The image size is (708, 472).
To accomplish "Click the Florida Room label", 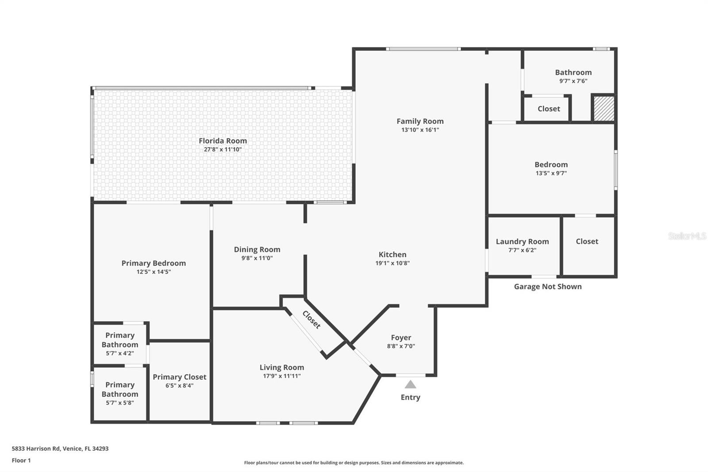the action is (223, 141).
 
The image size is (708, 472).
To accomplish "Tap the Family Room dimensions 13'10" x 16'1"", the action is (420, 130).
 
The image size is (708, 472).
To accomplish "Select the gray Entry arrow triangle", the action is (410, 384).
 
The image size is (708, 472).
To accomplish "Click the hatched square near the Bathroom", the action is (604, 108).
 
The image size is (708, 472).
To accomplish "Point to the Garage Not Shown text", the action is (548, 286).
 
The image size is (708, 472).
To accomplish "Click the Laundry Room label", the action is (522, 242).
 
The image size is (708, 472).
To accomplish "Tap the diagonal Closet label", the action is (312, 320).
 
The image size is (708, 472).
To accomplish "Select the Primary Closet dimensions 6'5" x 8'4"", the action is (180, 386).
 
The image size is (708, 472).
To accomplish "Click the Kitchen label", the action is (392, 254).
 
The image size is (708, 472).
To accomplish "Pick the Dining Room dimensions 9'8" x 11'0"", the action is (257, 258).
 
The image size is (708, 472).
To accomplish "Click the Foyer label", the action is (401, 338).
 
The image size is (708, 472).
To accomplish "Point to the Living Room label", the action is (282, 368).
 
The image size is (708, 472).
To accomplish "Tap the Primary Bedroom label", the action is (154, 263).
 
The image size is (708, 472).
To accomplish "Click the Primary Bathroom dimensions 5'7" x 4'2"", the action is (120, 353).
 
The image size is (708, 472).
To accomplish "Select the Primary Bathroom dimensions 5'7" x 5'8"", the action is (120, 403).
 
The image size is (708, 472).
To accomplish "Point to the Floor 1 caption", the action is (21, 460).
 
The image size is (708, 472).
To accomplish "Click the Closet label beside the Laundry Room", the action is (587, 241).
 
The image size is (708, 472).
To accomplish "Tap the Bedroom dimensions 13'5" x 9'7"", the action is (551, 174).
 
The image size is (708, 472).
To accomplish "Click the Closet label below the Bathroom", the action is (549, 109).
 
